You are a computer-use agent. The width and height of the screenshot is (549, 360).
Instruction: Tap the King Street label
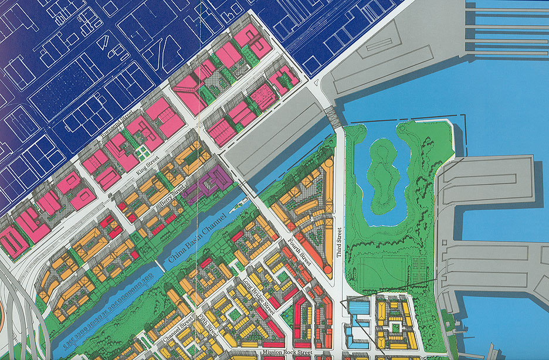click(x=147, y=161)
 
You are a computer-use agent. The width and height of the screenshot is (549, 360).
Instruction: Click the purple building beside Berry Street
click(x=209, y=183)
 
